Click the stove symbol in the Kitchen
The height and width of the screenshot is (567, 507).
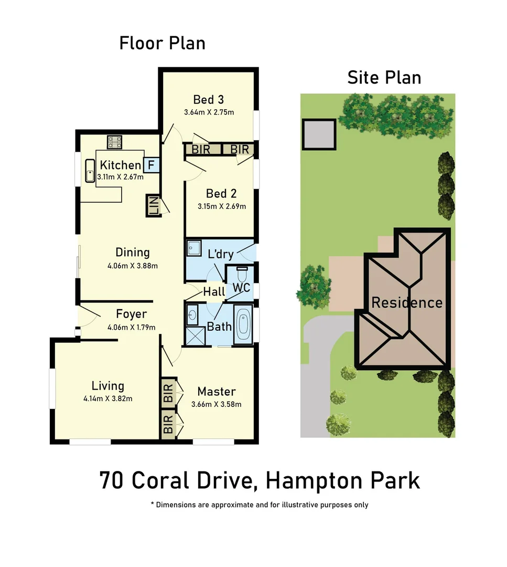click(114, 142)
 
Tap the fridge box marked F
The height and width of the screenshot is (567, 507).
click(151, 165)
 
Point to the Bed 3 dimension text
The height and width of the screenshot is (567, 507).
click(209, 112)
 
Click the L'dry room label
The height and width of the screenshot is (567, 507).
click(221, 254)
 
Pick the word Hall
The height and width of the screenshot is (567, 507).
click(214, 291)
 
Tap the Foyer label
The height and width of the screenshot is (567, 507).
click(131, 314)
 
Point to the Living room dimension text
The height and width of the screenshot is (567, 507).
click(107, 398)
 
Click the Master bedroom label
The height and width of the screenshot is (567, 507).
click(217, 392)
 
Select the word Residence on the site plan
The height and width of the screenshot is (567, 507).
click(407, 302)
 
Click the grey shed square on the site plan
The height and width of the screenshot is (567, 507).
click(319, 134)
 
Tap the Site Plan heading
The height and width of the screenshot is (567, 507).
click(384, 78)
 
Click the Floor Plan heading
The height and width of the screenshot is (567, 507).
click(163, 43)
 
